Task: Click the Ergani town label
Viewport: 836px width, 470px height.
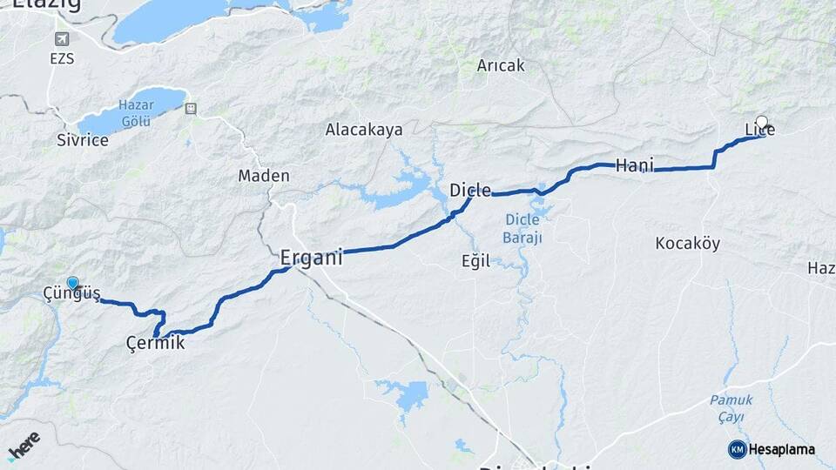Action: click(x=311, y=258)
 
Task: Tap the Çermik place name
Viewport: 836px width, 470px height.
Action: click(x=155, y=344)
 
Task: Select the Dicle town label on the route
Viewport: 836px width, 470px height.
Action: click(x=470, y=190)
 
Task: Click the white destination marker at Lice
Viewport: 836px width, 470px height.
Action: click(x=762, y=123)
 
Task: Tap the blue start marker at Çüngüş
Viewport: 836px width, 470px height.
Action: click(x=72, y=283)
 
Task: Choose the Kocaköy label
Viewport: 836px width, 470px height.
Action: click(x=687, y=244)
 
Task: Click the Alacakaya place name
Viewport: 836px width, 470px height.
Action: click(x=364, y=130)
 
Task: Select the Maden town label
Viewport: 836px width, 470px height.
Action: click(x=264, y=176)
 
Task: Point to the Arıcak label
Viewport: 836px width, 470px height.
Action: click(x=500, y=65)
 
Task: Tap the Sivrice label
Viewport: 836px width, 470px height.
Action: click(x=83, y=140)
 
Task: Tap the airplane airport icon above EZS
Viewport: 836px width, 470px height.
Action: click(x=63, y=39)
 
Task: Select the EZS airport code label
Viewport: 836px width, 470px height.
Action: click(x=62, y=59)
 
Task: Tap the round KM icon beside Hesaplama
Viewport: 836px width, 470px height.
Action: click(x=737, y=449)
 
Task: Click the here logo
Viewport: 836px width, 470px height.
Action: click(x=24, y=446)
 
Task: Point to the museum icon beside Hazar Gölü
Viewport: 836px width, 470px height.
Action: click(x=191, y=109)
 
